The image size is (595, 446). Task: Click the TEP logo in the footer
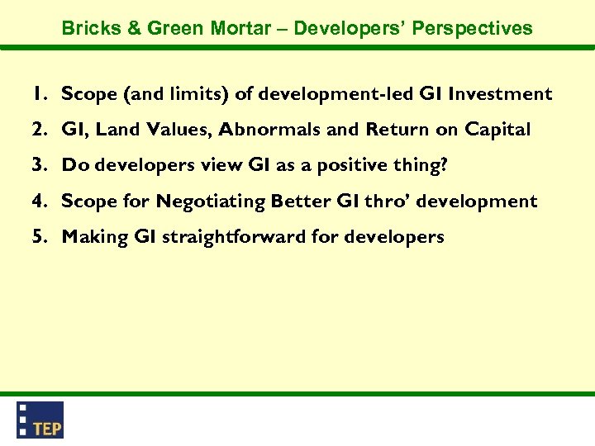[x=40, y=420]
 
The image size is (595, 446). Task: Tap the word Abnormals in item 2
[x=259, y=130]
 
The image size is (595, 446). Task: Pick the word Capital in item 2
[x=497, y=130]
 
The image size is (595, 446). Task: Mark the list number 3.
[x=39, y=165]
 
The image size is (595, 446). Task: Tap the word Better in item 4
[x=299, y=201]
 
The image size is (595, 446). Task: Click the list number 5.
[x=39, y=237]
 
